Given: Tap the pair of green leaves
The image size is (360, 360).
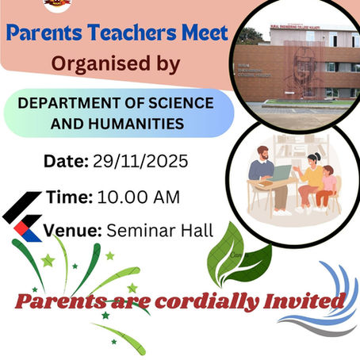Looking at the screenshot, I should (x=235, y=255).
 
